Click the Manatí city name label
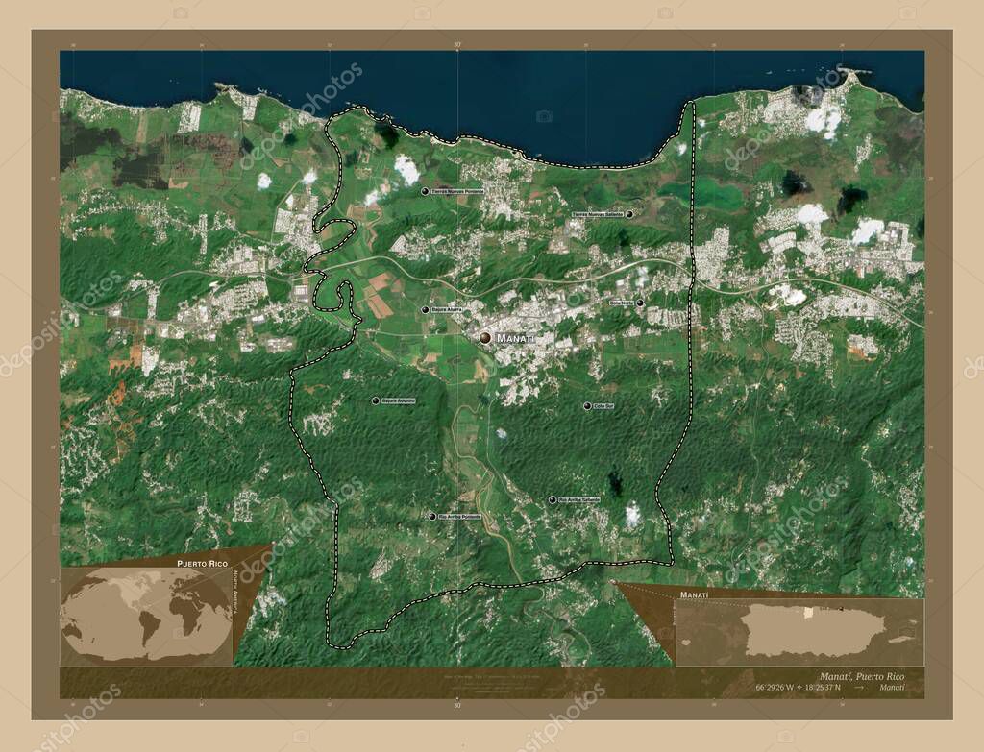(515, 338)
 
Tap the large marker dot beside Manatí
(485, 338)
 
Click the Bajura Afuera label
(448, 310)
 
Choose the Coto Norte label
(621, 303)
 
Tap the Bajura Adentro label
(398, 400)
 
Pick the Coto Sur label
(603, 406)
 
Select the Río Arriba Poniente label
(459, 517)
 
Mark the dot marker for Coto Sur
(587, 406)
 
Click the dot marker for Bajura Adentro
(376, 400)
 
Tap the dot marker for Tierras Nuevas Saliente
(629, 213)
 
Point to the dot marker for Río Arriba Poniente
(431, 517)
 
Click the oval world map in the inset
(144, 615)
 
